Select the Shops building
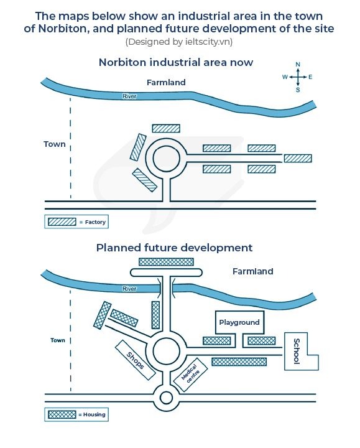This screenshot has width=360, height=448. click(x=136, y=360)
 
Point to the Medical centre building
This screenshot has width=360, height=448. click(x=190, y=374)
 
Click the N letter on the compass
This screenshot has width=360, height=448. click(x=298, y=64)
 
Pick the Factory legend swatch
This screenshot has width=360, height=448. click(x=62, y=222)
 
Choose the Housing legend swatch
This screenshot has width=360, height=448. click(x=62, y=414)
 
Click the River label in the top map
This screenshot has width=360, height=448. click(x=129, y=96)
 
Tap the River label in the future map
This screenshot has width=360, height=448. click(x=129, y=289)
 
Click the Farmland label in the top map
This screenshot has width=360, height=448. click(x=166, y=82)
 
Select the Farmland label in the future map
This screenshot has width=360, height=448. click(x=252, y=271)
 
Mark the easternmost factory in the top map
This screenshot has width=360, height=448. click(x=298, y=158)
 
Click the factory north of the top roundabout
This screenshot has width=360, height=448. click(x=166, y=128)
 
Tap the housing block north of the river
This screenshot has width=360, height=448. click(x=166, y=262)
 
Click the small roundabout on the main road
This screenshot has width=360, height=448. click(x=166, y=398)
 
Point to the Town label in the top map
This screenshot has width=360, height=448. click(x=55, y=144)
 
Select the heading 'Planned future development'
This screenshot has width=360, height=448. click(x=174, y=248)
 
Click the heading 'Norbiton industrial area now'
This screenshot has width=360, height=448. click(x=176, y=62)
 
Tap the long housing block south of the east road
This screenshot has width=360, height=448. click(x=239, y=362)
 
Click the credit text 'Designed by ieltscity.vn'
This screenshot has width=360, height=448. click(x=179, y=42)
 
